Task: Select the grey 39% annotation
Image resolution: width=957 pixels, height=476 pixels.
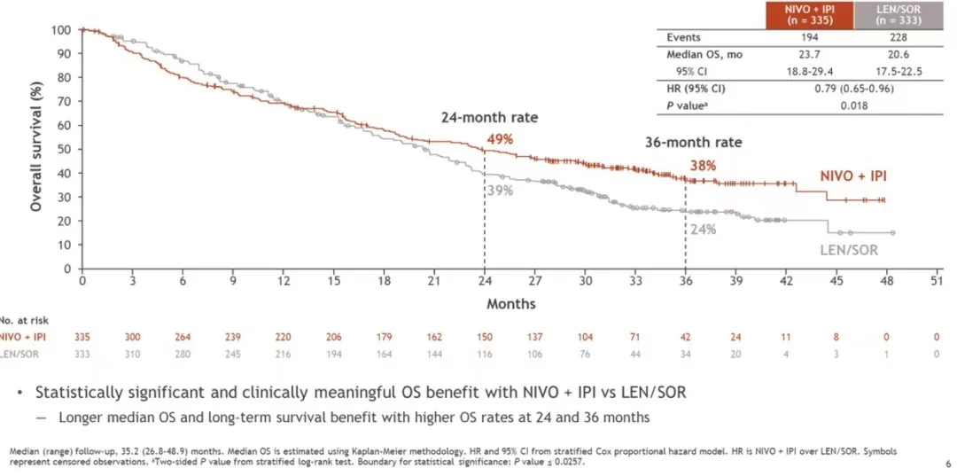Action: (500, 190)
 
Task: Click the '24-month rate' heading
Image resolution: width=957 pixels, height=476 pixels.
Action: (490, 118)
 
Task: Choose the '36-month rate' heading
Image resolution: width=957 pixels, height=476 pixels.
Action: (693, 142)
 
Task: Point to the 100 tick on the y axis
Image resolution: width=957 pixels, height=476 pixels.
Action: (60, 30)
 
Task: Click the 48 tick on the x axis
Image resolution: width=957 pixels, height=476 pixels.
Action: (886, 282)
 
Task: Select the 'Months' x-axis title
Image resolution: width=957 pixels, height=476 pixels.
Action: (510, 304)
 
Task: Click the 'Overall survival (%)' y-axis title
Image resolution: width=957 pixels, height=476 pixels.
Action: (36, 148)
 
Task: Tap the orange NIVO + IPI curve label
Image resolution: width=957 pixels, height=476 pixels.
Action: (853, 176)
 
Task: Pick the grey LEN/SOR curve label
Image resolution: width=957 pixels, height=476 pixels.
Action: (849, 250)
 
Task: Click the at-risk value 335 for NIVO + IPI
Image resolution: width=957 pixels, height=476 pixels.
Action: (82, 337)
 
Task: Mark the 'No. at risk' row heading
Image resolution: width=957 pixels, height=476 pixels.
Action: (19, 320)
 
